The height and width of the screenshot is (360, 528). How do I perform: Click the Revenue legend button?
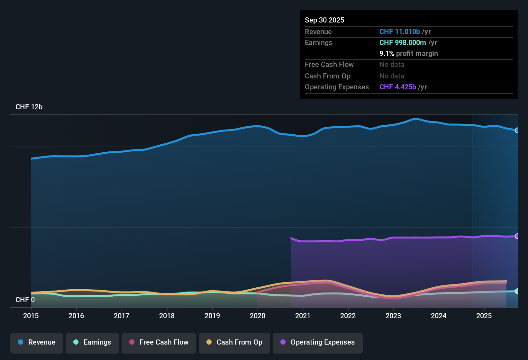[x=37, y=342]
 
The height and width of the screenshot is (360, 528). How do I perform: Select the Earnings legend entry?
[x=92, y=342]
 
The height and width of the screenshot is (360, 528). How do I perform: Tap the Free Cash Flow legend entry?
[x=159, y=342]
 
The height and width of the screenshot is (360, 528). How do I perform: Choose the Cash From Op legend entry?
[x=234, y=342]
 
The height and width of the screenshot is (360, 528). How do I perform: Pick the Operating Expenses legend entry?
[x=318, y=342]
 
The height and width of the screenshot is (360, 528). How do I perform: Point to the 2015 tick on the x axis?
[x=31, y=316]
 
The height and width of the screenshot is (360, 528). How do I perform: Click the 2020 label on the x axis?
[x=258, y=316]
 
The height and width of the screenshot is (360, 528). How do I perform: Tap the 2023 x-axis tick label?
[x=393, y=316]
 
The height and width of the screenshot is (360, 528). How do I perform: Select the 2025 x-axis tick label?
[x=484, y=316]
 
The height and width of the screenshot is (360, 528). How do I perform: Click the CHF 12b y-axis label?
[x=29, y=107]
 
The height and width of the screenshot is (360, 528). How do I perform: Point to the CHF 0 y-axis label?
[x=25, y=300]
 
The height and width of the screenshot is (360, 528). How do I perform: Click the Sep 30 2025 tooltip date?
[x=324, y=20]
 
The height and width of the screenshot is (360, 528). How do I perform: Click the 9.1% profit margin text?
[x=408, y=53]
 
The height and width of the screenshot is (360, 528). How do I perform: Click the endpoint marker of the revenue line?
[x=517, y=130]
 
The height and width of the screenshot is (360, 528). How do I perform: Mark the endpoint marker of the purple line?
[x=517, y=236]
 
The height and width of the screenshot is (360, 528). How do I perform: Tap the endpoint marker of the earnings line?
[x=517, y=291]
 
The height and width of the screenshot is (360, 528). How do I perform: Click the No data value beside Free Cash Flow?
[x=392, y=64]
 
